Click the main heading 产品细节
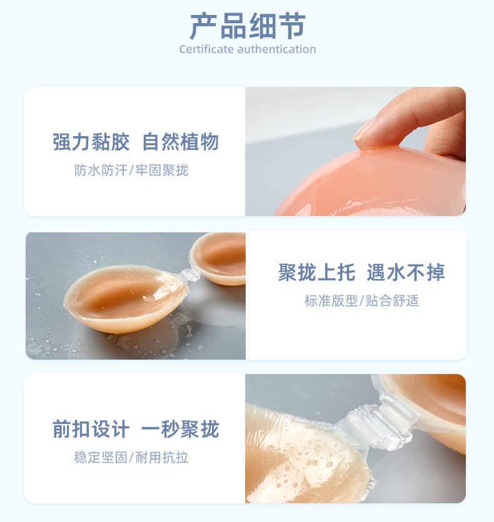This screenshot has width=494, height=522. pyautogui.click(x=248, y=26)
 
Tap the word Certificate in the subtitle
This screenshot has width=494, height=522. pyautogui.click(x=206, y=49)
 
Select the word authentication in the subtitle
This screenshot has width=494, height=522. pyautogui.click(x=276, y=49)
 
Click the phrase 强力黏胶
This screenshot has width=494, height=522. pyautogui.click(x=91, y=142)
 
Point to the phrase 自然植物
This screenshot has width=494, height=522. pyautogui.click(x=180, y=142)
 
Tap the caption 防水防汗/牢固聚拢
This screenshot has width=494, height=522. pyautogui.click(x=131, y=170)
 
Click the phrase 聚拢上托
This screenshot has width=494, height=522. pyautogui.click(x=316, y=272)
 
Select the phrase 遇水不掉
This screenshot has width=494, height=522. pyautogui.click(x=406, y=272)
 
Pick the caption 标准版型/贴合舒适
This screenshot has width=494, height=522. pyautogui.click(x=361, y=300)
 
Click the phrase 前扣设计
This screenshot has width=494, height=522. pyautogui.click(x=91, y=429)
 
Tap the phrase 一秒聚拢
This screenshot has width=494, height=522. pyautogui.click(x=180, y=429)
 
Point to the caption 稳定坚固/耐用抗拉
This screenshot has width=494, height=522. pyautogui.click(x=131, y=458)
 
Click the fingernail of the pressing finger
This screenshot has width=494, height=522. pyautogui.click(x=361, y=132)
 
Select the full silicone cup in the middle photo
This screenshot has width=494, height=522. pyautogui.click(x=126, y=298)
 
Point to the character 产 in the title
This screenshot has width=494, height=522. pyautogui.click(x=203, y=26)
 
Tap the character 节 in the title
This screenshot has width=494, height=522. pyautogui.click(x=292, y=26)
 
